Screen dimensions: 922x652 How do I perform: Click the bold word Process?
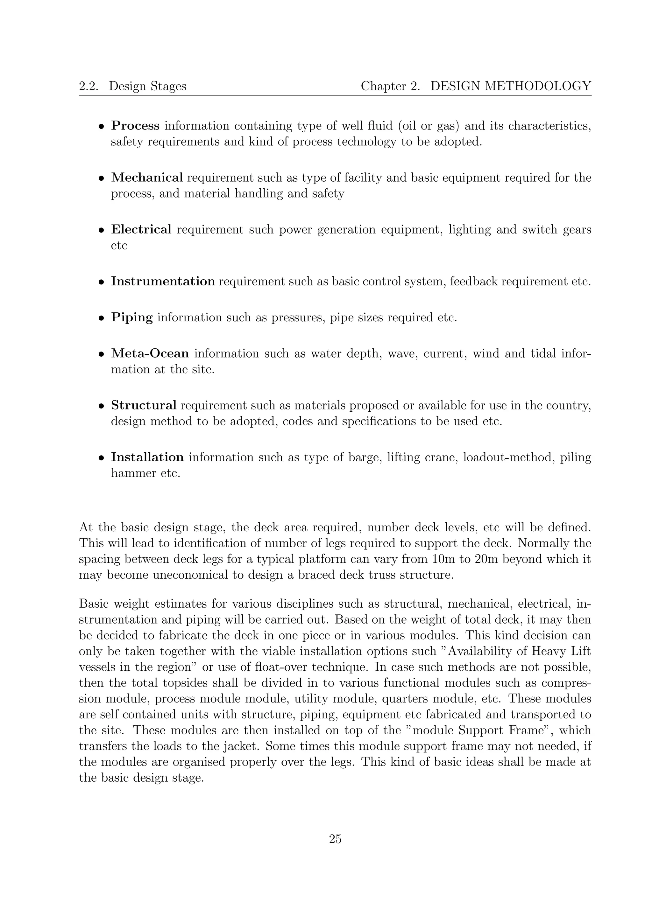click(x=135, y=126)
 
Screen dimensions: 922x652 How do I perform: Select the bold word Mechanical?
click(x=147, y=178)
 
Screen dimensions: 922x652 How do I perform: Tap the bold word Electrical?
click(x=141, y=229)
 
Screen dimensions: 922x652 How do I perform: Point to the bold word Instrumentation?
click(x=163, y=282)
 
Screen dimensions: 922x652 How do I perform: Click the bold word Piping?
click(x=132, y=318)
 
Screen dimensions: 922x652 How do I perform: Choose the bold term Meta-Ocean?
click(x=150, y=353)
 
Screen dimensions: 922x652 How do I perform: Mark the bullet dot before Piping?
click(x=102, y=318)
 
